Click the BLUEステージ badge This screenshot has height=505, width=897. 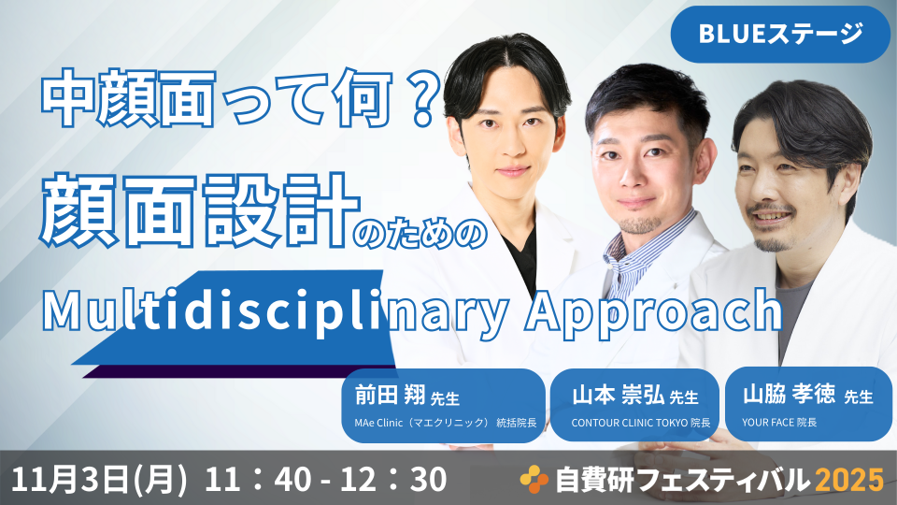pyautogui.click(x=780, y=35)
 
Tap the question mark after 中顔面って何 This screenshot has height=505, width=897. pyautogui.click(x=424, y=98)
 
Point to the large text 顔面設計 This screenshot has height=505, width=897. pyautogui.click(x=200, y=209)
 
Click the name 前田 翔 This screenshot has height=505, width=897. pyautogui.click(x=391, y=395)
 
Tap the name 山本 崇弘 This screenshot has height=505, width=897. pyautogui.click(x=618, y=395)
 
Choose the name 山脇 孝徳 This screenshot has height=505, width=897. pyautogui.click(x=789, y=395)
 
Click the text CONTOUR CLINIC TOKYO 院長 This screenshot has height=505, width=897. pyautogui.click(x=641, y=423)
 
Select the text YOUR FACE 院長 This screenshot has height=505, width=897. pyautogui.click(x=779, y=423)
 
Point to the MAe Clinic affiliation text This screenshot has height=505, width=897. pyautogui.click(x=446, y=423)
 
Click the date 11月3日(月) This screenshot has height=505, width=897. pyautogui.click(x=99, y=480)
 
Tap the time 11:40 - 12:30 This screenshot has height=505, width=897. pyautogui.click(x=325, y=480)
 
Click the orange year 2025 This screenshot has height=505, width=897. pyautogui.click(x=849, y=480)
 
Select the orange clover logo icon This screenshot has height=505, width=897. pyautogui.click(x=534, y=479)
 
